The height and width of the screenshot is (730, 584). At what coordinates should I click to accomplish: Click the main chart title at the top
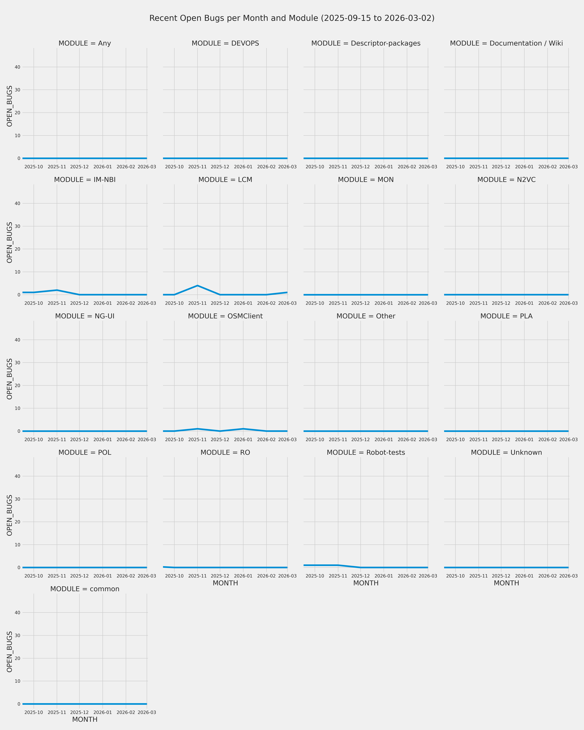pos(292,18)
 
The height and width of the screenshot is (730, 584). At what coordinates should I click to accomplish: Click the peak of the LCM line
pos(197,285)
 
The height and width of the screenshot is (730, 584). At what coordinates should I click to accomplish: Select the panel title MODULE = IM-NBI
pos(85,180)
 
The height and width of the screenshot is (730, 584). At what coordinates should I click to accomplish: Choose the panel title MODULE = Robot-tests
pos(366,453)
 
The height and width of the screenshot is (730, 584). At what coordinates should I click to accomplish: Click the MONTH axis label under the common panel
pos(85,719)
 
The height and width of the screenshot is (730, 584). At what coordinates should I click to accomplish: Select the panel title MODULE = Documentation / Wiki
pos(506,43)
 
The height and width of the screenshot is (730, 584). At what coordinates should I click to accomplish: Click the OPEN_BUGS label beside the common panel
pos(9,652)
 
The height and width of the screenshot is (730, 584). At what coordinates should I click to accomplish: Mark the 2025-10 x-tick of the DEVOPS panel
pos(174,167)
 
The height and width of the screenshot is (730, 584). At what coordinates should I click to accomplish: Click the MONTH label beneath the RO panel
pos(225,583)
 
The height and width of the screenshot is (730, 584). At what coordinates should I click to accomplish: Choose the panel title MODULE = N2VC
pos(506,180)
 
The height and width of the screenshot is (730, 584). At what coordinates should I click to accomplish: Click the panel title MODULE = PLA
pos(506,316)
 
